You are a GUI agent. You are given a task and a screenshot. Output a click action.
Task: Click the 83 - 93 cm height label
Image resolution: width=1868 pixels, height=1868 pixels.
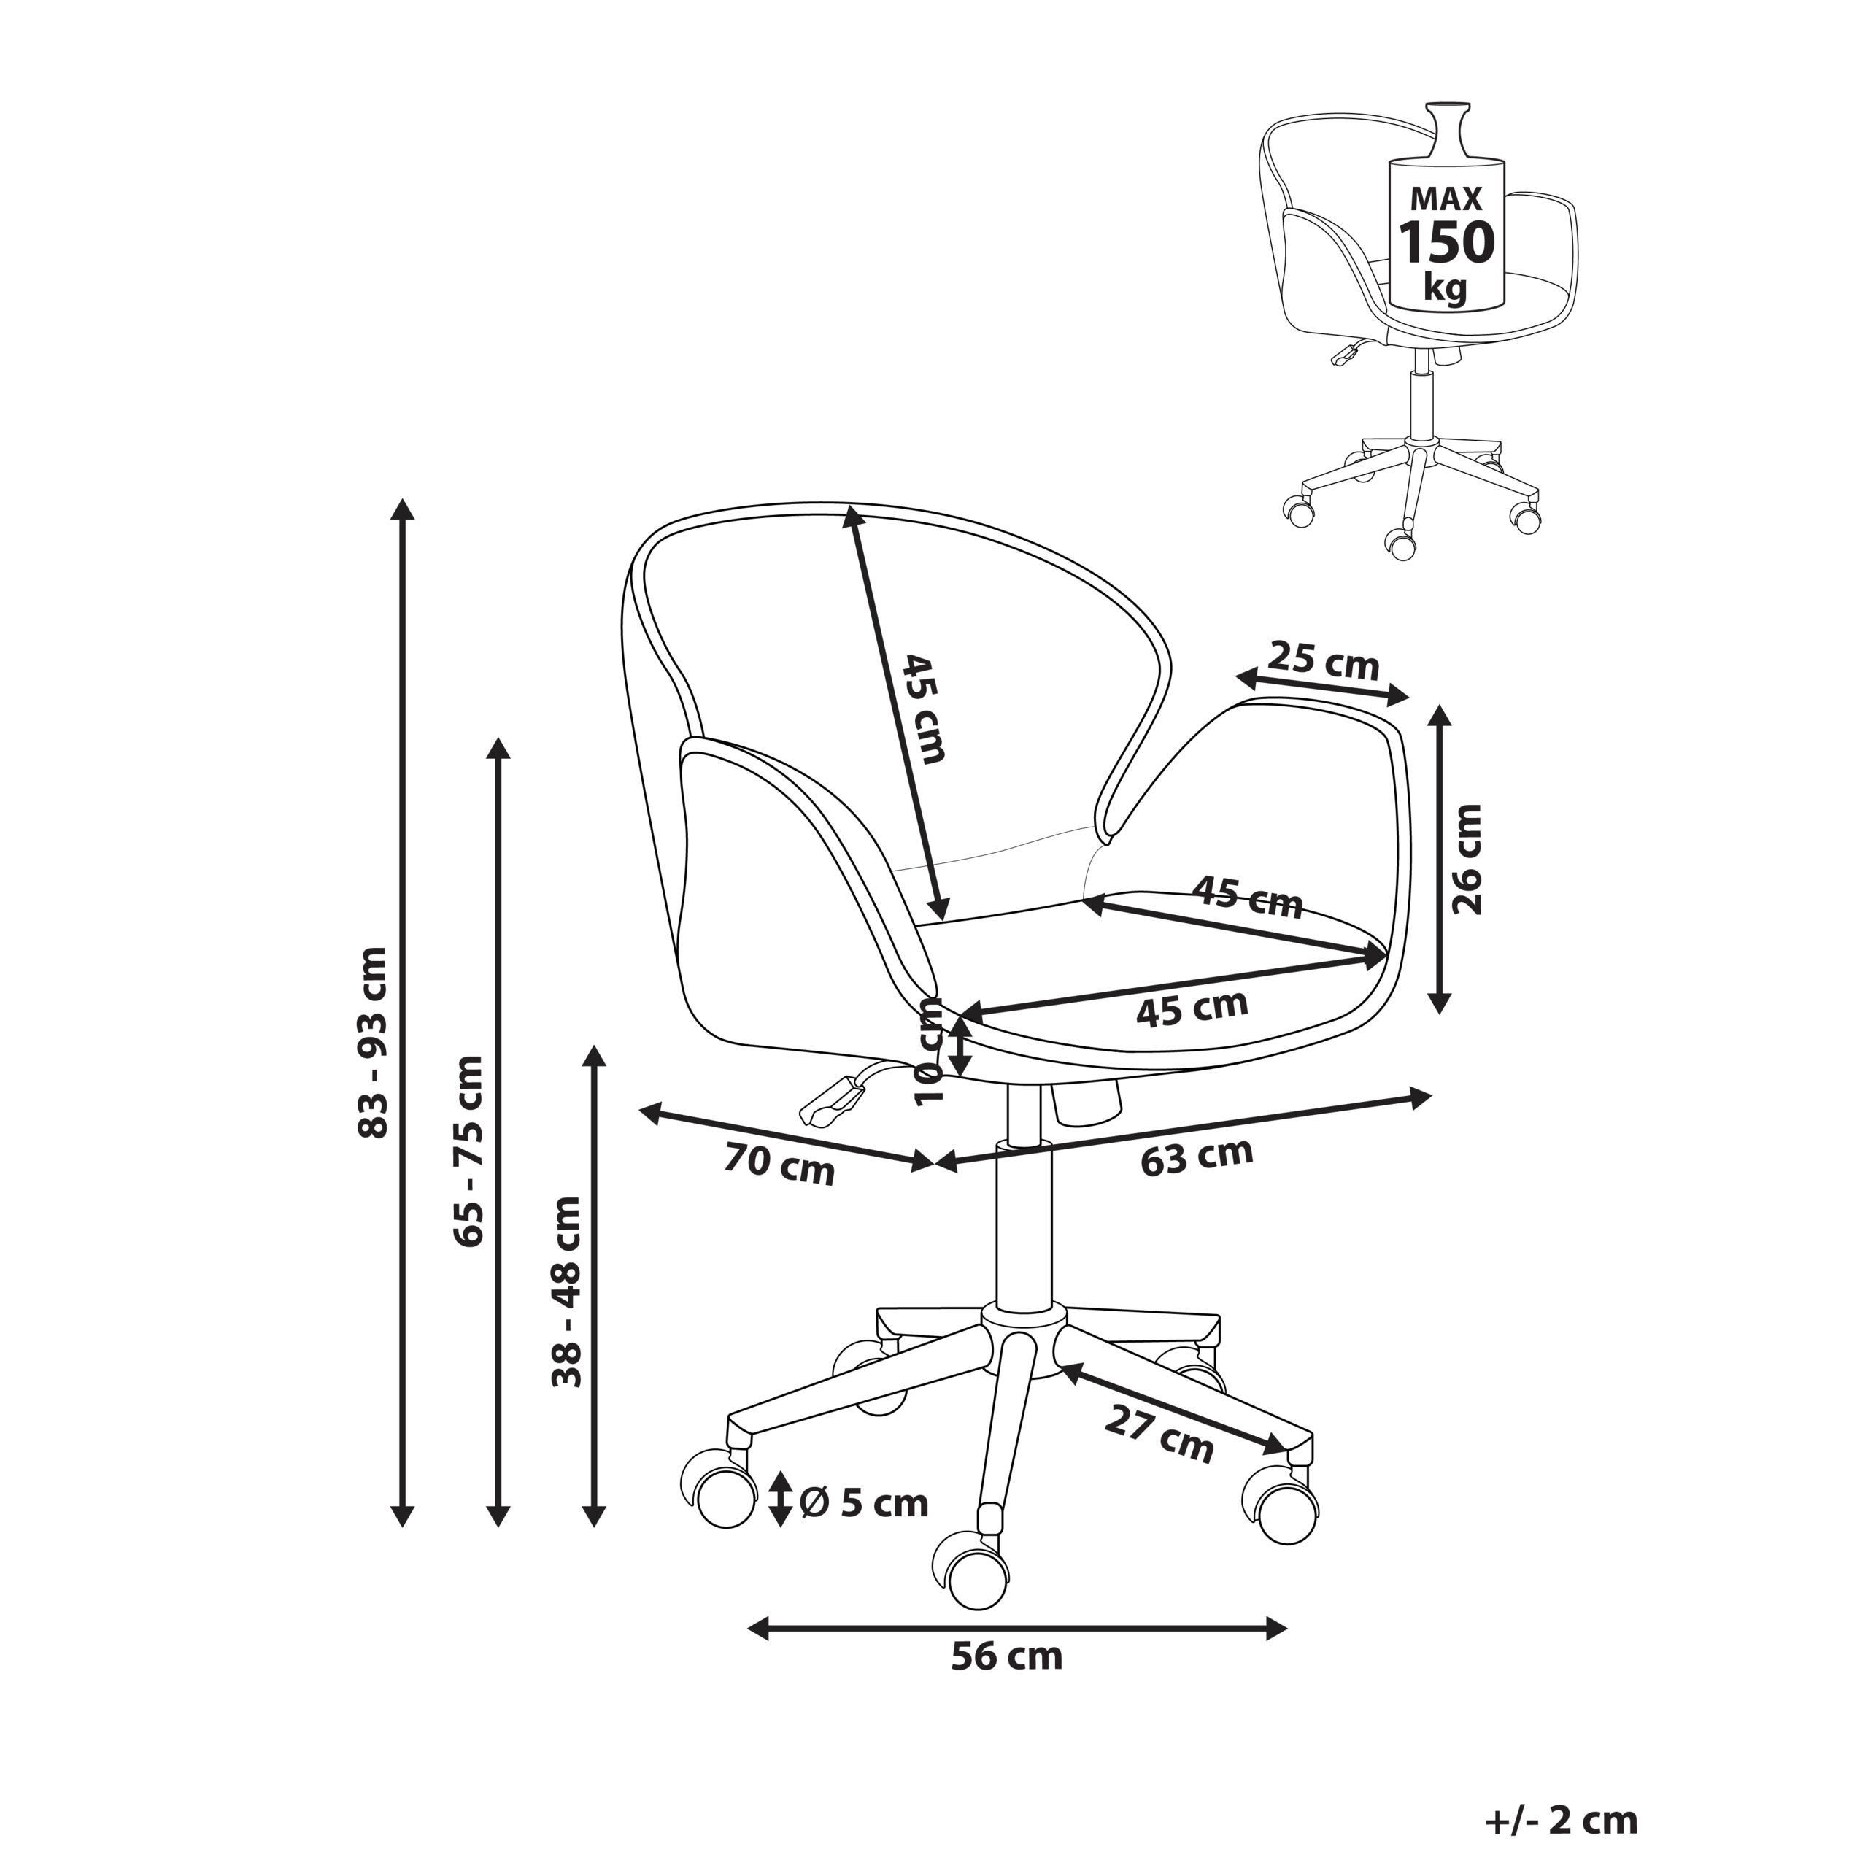click(373, 1041)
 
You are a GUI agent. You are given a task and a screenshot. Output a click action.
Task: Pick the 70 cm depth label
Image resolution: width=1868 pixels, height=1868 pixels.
click(779, 1165)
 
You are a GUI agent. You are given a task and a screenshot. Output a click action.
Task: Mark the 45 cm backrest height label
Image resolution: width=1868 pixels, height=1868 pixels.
click(923, 709)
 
